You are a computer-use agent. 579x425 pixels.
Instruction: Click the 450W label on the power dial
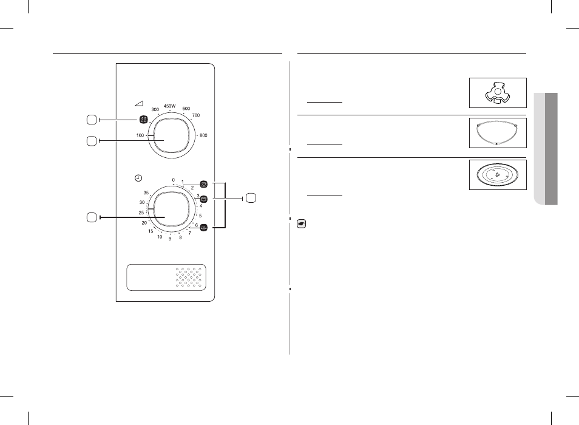[x=169, y=106]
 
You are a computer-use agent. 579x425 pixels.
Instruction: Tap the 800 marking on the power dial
[x=203, y=135]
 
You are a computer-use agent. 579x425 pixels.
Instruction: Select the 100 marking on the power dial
[x=140, y=135]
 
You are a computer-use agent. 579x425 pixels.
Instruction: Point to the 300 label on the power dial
[x=155, y=110]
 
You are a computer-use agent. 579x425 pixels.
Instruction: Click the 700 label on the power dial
[x=195, y=115]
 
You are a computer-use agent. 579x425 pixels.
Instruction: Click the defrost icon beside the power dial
[x=143, y=120]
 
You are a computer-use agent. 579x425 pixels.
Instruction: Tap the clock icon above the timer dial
[x=138, y=178]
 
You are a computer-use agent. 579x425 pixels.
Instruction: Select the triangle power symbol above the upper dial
[x=139, y=104]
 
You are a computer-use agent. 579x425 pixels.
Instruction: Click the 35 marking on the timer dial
[x=146, y=192]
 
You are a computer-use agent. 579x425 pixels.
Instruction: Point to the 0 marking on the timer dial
[x=173, y=180]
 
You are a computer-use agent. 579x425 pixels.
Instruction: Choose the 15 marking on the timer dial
[x=151, y=231]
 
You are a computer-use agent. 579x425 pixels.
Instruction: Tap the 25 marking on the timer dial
[x=141, y=212]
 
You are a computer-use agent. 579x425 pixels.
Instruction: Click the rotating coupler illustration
[x=498, y=93]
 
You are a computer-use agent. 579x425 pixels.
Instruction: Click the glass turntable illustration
[x=498, y=175]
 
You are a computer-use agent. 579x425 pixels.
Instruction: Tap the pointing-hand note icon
[x=302, y=224]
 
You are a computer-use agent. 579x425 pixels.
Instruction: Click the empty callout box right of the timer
[x=251, y=198]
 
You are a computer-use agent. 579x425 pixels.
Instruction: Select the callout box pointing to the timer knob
[x=92, y=217]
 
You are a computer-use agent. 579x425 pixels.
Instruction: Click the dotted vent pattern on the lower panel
[x=189, y=277]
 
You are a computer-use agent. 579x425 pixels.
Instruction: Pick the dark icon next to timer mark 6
[x=203, y=228]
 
